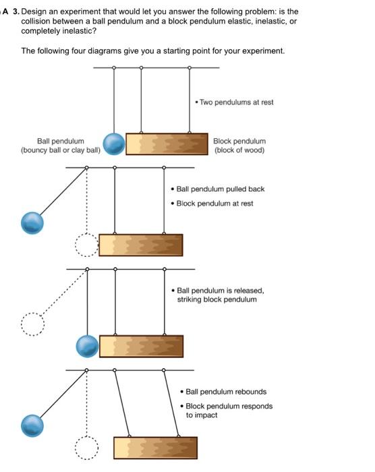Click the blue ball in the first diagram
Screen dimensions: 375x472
coord(114,144)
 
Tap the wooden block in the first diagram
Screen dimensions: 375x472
coord(167,144)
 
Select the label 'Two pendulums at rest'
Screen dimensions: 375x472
coord(234,102)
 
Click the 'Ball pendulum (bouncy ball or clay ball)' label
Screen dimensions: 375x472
coord(61,146)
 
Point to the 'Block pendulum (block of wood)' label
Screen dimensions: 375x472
coord(239,146)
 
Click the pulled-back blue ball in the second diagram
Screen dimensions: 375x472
coord(32,223)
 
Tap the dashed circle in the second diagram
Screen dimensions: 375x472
coord(86,245)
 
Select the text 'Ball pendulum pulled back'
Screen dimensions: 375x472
coord(217,189)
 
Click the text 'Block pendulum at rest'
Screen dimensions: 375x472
coord(212,204)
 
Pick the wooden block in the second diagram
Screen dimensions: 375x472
coord(141,245)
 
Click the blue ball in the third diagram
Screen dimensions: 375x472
coord(88,347)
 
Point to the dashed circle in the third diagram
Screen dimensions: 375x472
coord(32,324)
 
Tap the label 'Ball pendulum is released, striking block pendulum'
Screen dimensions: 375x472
coord(217,295)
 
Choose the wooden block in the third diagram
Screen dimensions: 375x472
coord(141,347)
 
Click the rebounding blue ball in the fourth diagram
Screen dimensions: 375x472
coord(32,425)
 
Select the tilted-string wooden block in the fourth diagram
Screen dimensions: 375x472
coord(155,448)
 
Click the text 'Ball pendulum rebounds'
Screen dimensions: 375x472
coord(223,392)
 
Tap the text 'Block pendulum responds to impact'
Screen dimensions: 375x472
coord(227,411)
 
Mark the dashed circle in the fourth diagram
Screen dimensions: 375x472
coord(86,448)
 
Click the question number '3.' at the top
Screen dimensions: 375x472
coord(16,11)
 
